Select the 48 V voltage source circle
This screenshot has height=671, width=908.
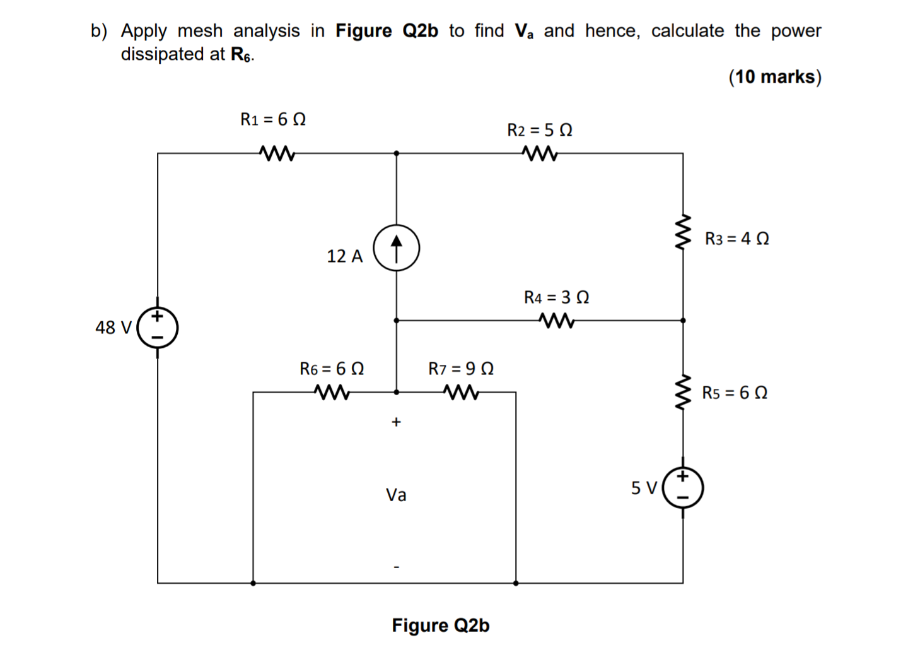tap(158, 328)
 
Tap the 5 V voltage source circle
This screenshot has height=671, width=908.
tap(683, 488)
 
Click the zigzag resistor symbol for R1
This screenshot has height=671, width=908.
tap(276, 153)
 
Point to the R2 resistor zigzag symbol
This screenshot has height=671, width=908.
tap(540, 153)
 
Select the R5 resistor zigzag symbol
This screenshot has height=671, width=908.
tap(683, 393)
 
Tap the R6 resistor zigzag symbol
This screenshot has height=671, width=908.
tap(332, 393)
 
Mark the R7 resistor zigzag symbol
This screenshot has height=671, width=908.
tap(461, 393)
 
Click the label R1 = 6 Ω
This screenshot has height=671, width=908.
tap(273, 119)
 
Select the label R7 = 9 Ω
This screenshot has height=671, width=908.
tap(461, 369)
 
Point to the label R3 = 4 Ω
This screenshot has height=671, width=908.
tap(736, 239)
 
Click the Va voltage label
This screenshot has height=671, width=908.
tap(396, 495)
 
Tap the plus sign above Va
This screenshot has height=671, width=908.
tap(396, 422)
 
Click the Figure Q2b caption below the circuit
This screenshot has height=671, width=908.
tap(440, 625)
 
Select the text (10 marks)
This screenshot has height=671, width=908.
tap(775, 77)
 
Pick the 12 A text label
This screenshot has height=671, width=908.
tap(345, 256)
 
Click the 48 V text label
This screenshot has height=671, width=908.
tap(113, 328)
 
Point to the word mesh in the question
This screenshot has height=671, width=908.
tap(200, 31)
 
